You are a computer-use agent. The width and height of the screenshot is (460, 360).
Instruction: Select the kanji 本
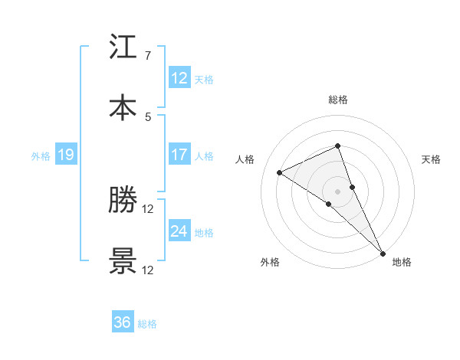(123, 106)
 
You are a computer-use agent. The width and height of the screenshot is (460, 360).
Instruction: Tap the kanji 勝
(123, 201)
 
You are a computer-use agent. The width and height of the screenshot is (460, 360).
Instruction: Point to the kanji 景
(123, 260)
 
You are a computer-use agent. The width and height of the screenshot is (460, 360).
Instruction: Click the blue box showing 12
(179, 77)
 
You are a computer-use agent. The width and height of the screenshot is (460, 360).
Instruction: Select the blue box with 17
(179, 155)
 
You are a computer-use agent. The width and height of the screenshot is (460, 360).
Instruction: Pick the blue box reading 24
(179, 231)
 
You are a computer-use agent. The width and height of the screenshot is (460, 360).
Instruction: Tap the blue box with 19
(65, 155)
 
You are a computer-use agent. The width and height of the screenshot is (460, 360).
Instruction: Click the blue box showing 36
(123, 322)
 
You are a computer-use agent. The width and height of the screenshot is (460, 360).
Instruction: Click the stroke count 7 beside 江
(147, 56)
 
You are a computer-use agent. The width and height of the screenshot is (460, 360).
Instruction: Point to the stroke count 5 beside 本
(147, 116)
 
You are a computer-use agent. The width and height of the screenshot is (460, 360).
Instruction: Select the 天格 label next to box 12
(203, 79)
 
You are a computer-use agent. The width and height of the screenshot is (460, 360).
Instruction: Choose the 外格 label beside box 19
(41, 156)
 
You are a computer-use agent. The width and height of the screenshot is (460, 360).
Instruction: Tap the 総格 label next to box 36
(147, 324)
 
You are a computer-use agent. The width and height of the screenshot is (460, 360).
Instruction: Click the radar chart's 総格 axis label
(338, 100)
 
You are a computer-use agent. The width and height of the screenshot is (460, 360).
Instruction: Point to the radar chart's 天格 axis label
(432, 159)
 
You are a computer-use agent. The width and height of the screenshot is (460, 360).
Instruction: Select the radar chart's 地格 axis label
(402, 262)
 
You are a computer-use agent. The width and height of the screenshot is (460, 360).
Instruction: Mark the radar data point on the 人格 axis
(280, 172)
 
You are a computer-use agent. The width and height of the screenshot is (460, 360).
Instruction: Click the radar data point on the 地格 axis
(383, 252)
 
